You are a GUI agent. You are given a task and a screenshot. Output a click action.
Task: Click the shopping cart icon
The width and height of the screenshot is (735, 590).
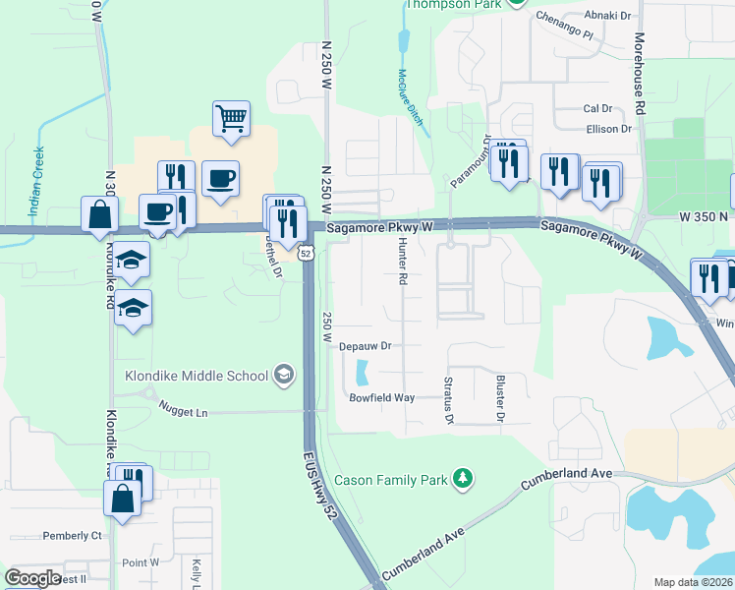point(231,119)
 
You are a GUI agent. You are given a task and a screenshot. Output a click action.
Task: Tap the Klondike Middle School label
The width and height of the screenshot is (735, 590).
point(197,375)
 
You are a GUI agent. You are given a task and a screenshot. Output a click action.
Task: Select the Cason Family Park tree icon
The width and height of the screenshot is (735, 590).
point(463,480)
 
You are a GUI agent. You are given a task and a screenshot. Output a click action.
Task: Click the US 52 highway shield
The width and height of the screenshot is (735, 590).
point(307,254)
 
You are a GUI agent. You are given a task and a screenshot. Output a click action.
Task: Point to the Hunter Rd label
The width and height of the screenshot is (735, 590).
point(402,265)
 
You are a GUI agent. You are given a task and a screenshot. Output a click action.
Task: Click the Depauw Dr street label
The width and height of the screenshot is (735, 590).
point(366,346)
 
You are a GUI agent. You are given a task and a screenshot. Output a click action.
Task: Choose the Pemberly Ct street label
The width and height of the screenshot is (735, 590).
point(72,536)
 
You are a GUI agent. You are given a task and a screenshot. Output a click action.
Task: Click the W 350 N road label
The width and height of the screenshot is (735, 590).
point(702,215)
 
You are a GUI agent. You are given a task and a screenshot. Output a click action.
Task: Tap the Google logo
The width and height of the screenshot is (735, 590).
point(32,578)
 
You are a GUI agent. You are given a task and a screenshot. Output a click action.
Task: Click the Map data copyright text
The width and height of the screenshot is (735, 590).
point(694,582)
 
